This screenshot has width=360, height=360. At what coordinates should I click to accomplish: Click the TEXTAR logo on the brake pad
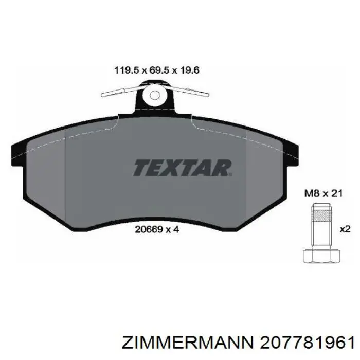[182, 168]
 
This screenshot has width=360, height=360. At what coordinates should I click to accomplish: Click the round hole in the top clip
[154, 95]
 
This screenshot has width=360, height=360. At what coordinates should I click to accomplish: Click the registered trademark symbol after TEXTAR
[231, 162]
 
